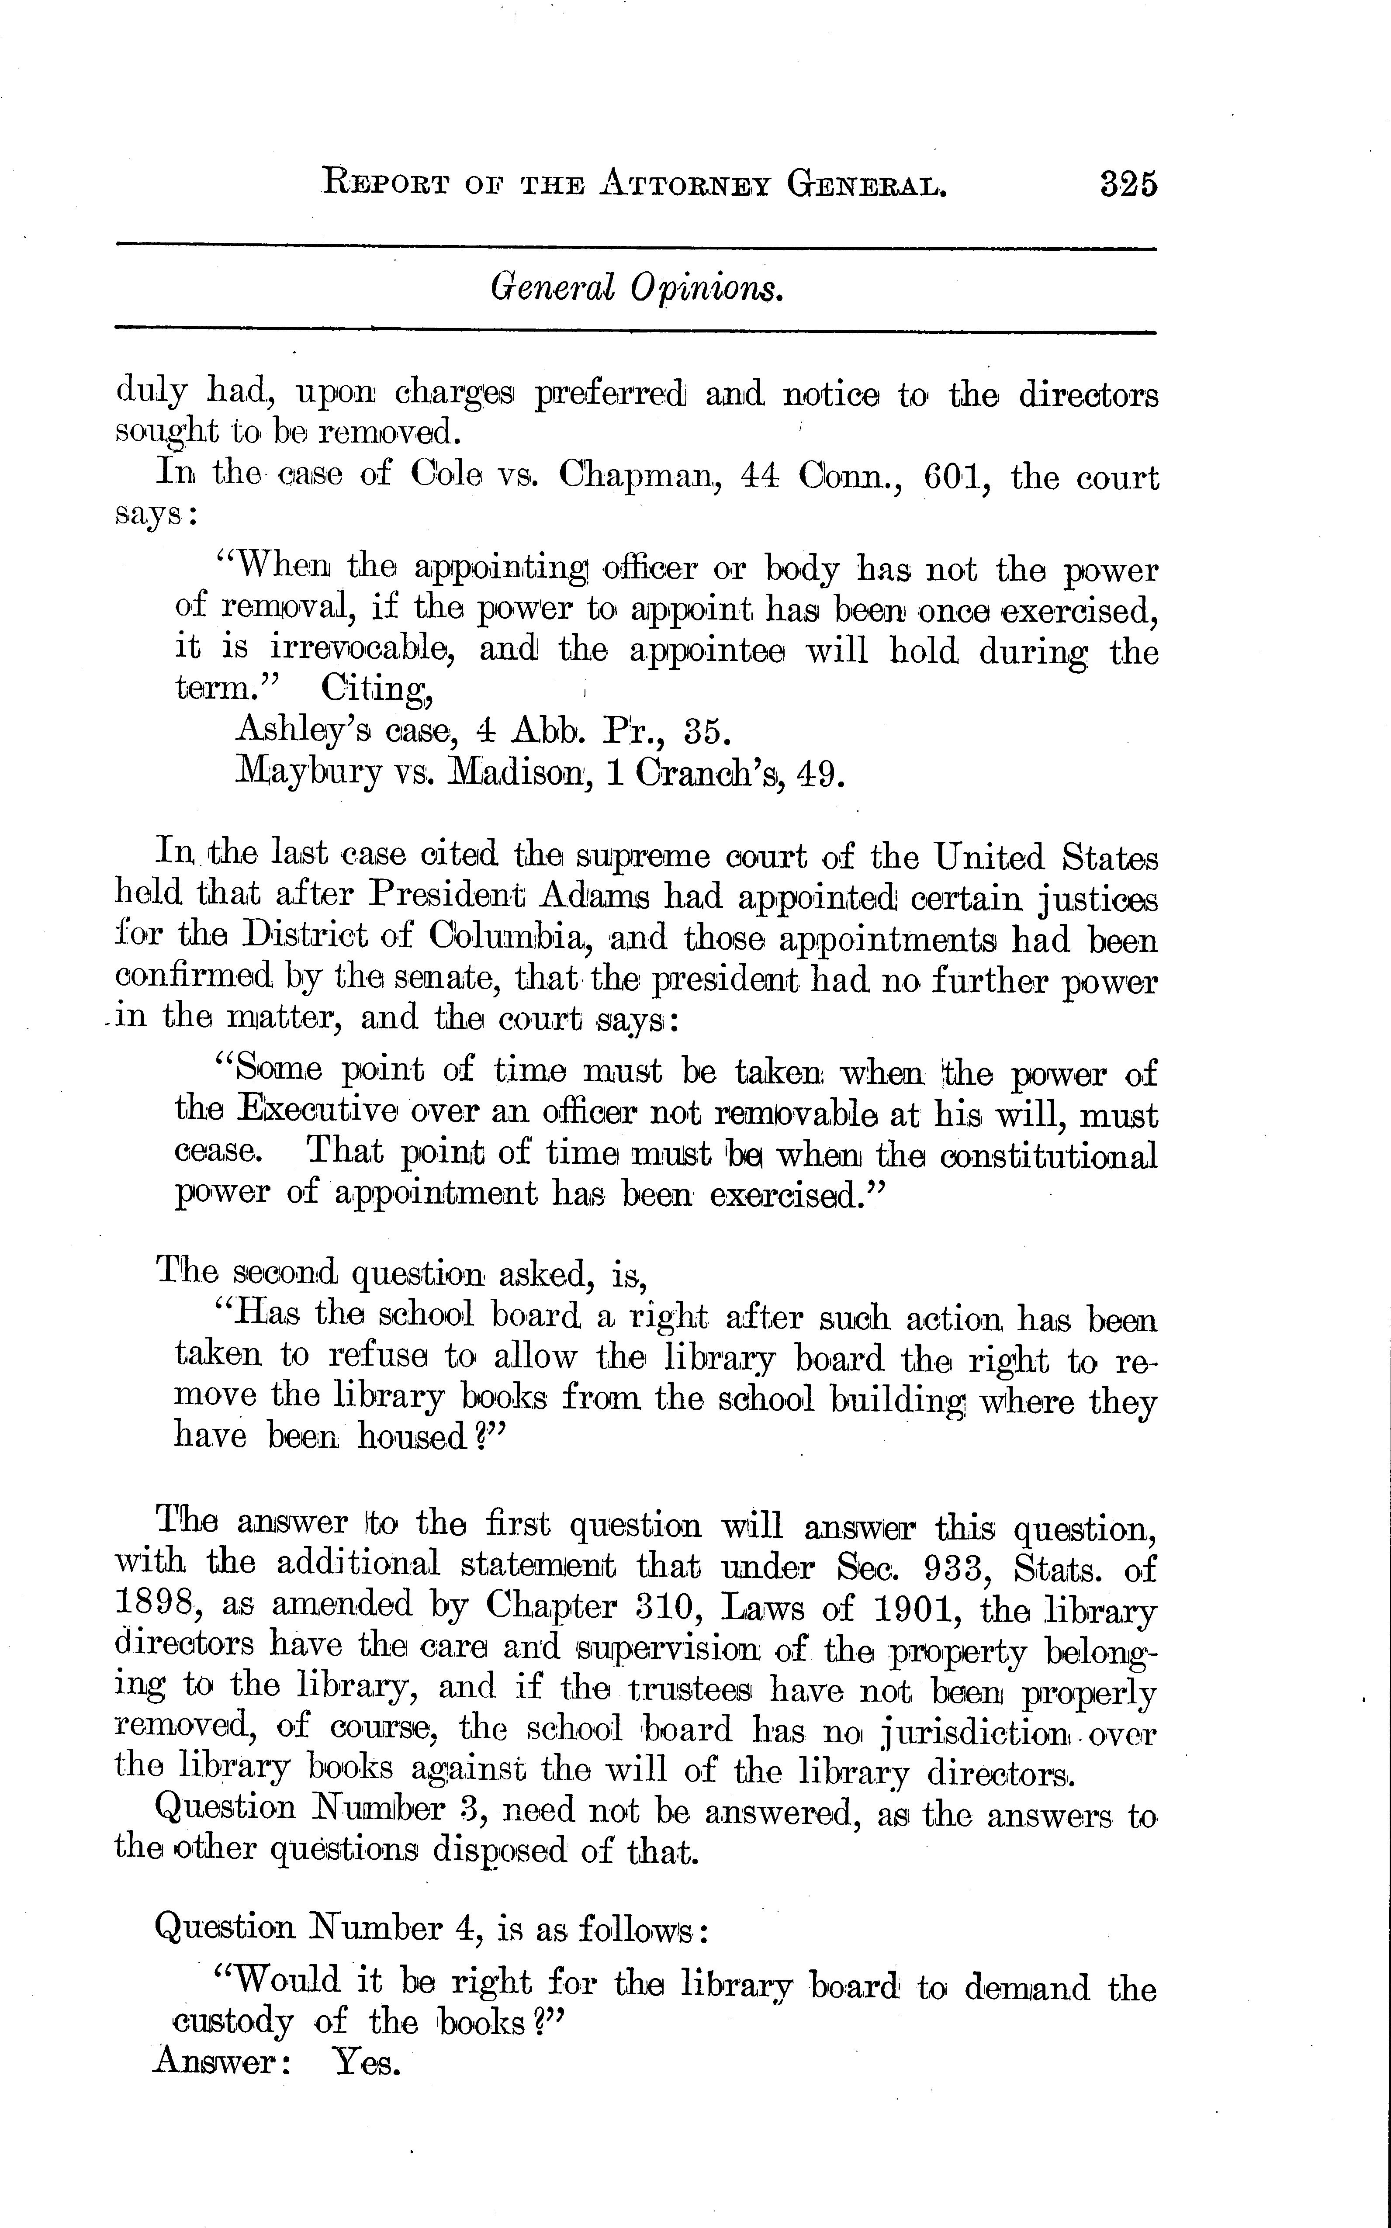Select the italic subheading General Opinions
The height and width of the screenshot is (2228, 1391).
[x=637, y=290]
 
